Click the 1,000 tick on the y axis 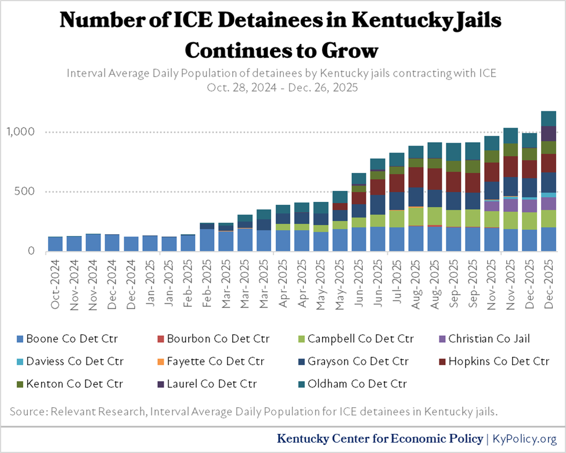pos(21,132)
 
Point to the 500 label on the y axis pos(26,192)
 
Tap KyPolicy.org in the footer pos(525,438)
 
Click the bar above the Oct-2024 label pos(55,244)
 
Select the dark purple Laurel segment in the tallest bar pos(549,133)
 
